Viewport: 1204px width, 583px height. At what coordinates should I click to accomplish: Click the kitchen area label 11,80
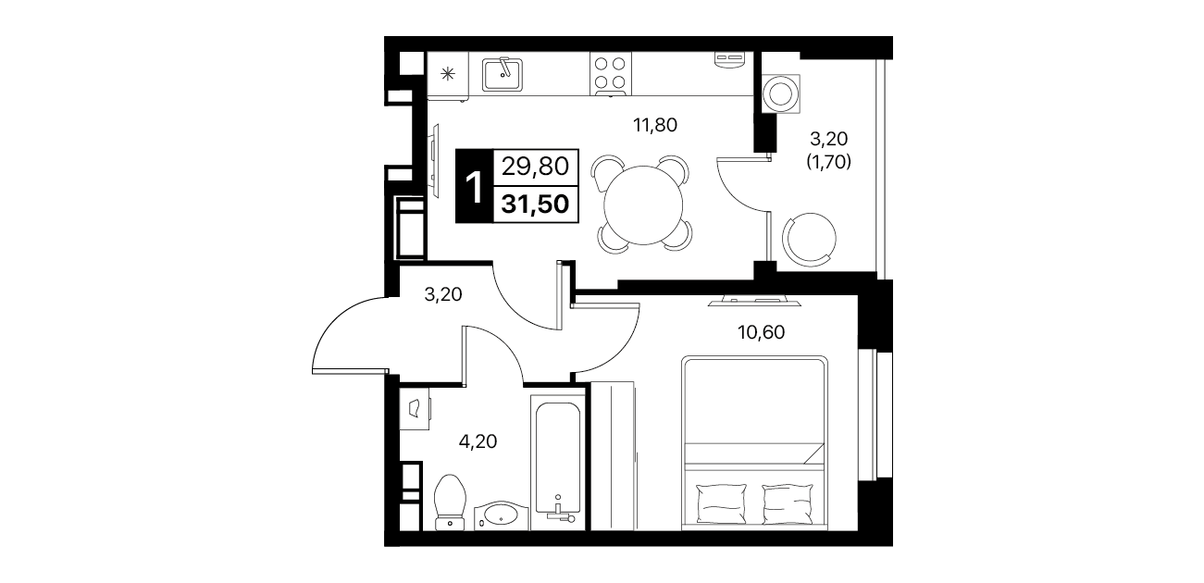654,125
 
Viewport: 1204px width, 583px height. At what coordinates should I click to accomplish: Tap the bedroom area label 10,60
761,332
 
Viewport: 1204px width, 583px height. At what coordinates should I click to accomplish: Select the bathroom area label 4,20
478,441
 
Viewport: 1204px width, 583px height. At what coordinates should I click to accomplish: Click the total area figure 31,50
535,205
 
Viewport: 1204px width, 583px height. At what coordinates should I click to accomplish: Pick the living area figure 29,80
535,167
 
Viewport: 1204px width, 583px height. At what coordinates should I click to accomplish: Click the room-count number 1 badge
474,186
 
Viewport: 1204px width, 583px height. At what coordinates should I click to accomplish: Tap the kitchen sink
502,75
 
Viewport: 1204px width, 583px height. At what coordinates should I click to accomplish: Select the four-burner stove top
610,74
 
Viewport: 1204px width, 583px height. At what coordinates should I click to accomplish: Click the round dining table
643,205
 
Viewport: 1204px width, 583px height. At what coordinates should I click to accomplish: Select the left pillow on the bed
721,503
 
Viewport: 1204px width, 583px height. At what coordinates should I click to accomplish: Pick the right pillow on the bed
788,503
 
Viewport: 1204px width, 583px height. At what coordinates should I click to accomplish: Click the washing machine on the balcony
781,93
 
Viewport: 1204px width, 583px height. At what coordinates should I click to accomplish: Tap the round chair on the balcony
810,239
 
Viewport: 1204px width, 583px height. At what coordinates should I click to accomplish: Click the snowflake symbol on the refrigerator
447,74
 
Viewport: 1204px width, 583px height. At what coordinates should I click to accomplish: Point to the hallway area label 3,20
443,294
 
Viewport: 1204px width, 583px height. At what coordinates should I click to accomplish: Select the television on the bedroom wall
754,301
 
